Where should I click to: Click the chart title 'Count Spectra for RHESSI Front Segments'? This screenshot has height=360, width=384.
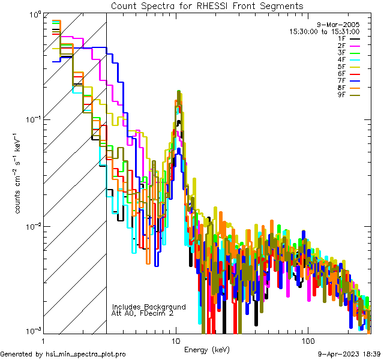[207, 5]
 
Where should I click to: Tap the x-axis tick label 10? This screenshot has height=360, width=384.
[176, 341]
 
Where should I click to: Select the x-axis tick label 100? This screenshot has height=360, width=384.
[307, 341]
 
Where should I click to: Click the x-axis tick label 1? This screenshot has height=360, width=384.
[43, 341]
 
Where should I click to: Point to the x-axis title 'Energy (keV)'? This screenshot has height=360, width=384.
[206, 350]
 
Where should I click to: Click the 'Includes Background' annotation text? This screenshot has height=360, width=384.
[149, 307]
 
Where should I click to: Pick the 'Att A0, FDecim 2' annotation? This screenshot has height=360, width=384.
[143, 313]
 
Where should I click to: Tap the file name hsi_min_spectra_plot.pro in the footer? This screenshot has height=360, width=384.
[86, 354]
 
